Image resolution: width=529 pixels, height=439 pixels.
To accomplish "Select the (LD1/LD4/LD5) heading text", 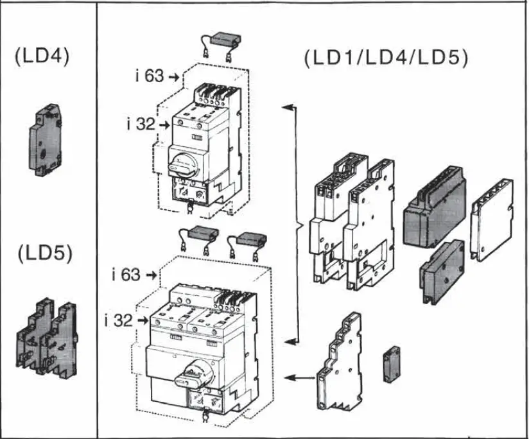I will tap(386, 59).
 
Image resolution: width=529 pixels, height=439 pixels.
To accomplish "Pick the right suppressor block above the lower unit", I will tap(247, 241).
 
